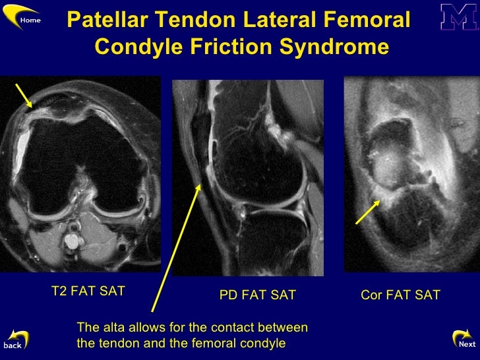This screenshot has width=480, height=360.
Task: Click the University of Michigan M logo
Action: coord(459,17)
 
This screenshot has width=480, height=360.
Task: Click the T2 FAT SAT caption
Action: coord(88,291)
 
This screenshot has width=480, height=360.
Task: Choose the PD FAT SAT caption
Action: coord(257,295)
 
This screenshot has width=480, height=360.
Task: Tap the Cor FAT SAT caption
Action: coord(400,295)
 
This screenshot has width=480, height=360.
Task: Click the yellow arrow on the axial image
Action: coord(26,95)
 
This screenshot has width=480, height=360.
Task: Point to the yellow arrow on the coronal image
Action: coord(368,212)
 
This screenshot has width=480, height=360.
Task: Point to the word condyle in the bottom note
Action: coord(263,343)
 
